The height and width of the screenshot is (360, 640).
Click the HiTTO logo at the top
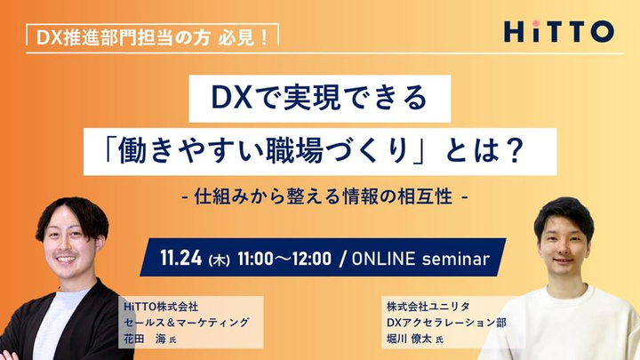[559, 31]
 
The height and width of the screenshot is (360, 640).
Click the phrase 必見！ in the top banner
[243, 37]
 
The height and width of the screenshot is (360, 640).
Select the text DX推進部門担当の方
[124, 37]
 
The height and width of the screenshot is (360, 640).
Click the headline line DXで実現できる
[319, 99]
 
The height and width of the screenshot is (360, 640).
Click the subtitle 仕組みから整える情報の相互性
[324, 196]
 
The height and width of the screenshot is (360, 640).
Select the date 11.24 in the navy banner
[180, 258]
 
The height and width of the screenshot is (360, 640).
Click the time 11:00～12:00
[284, 259]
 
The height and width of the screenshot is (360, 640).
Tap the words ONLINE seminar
[420, 259]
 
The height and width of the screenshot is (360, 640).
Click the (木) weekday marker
[220, 260]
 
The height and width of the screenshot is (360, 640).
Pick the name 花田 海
[145, 339]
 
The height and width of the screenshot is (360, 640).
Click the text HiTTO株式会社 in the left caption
[161, 306]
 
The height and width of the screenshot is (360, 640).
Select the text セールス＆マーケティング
[186, 323]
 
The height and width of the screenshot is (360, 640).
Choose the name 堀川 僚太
[409, 339]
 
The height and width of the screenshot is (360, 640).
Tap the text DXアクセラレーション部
[446, 323]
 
